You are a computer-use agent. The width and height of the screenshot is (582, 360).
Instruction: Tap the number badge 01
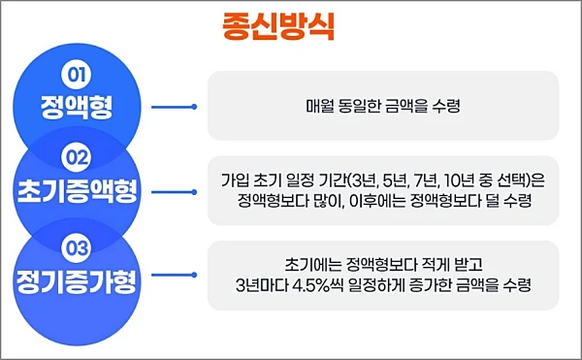pyautogui.click(x=76, y=74)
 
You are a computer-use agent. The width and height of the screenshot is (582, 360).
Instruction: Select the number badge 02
pyautogui.click(x=76, y=155)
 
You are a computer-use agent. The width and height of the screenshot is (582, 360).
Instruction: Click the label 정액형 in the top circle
pyautogui.click(x=77, y=106)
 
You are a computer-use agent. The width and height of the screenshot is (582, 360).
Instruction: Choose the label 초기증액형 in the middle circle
pyautogui.click(x=77, y=188)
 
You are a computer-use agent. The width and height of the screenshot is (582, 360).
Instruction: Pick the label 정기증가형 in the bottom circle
pyautogui.click(x=77, y=283)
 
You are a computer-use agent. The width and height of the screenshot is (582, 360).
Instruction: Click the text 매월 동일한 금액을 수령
pyautogui.click(x=382, y=106)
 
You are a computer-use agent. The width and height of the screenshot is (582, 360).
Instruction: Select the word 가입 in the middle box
pyautogui.click(x=236, y=179)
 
